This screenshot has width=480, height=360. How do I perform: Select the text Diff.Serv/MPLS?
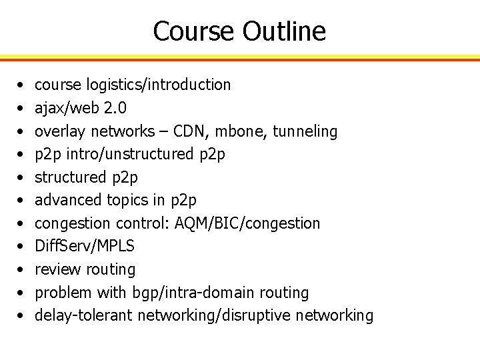(85, 246)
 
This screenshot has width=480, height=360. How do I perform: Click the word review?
(56, 269)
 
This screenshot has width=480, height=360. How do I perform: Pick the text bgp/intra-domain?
(185, 292)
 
